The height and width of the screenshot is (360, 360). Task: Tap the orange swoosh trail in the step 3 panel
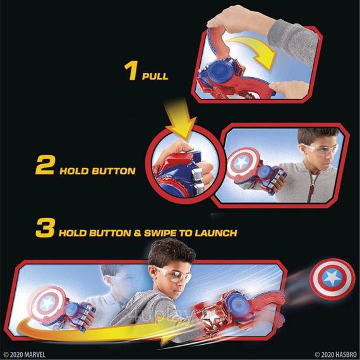coord(95,316)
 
